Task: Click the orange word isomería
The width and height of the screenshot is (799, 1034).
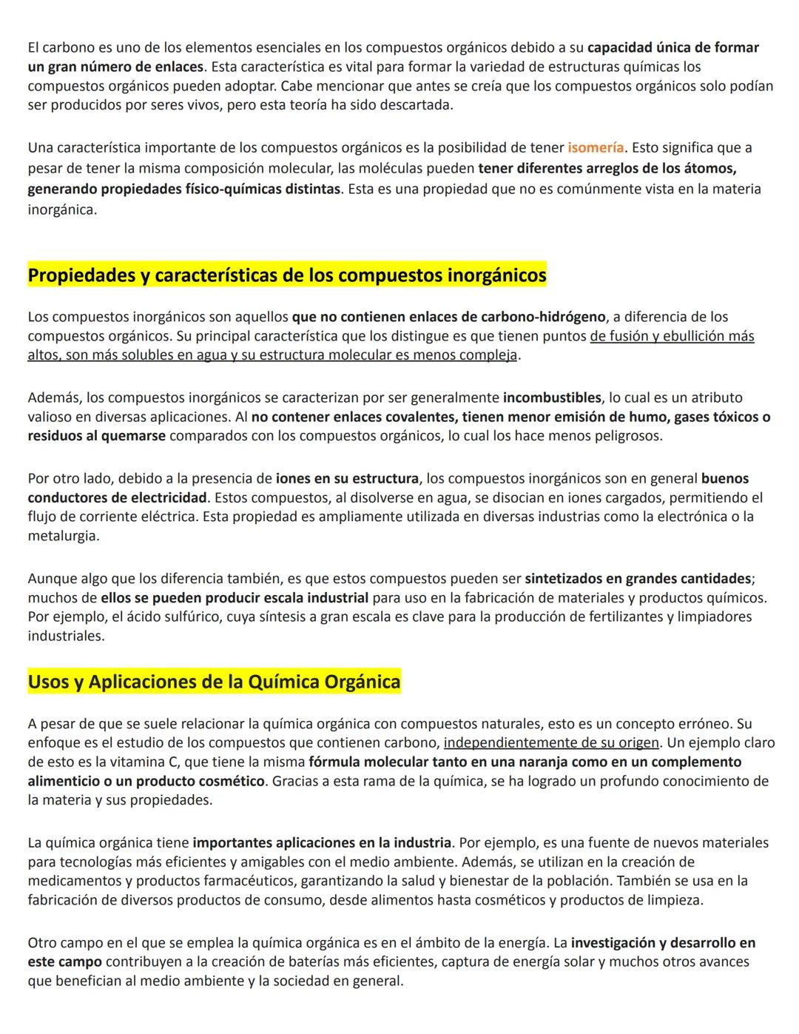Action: (596, 148)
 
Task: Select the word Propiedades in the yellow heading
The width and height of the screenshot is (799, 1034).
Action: (80, 276)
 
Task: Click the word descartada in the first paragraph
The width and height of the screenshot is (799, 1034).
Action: (415, 105)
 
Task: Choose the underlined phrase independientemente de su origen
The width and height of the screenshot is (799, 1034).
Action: (550, 743)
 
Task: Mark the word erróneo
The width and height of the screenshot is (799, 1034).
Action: (704, 724)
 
